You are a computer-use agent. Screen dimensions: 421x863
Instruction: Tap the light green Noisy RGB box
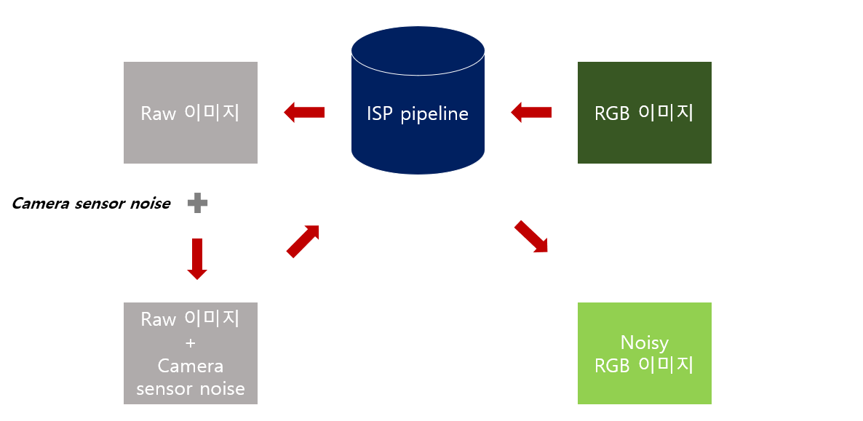644,353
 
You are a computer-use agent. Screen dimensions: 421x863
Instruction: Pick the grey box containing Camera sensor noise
190,353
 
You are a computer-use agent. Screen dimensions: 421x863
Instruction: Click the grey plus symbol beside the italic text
197,204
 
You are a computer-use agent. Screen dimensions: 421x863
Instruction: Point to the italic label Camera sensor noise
91,204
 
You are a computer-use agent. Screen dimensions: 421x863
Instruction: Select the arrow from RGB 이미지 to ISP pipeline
531,112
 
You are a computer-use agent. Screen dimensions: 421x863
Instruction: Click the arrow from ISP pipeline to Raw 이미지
304,112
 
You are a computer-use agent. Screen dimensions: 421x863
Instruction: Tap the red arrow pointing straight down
197,258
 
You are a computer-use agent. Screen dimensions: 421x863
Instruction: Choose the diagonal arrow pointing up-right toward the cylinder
303,241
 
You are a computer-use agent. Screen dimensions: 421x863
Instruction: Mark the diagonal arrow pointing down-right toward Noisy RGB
531,236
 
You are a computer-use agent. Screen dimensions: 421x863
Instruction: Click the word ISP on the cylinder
380,114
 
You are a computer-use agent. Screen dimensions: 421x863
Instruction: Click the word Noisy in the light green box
644,342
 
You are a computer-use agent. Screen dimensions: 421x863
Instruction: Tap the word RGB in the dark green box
612,114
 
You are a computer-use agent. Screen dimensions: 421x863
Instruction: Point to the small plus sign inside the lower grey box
190,342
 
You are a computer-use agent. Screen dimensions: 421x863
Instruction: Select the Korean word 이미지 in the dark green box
666,113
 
